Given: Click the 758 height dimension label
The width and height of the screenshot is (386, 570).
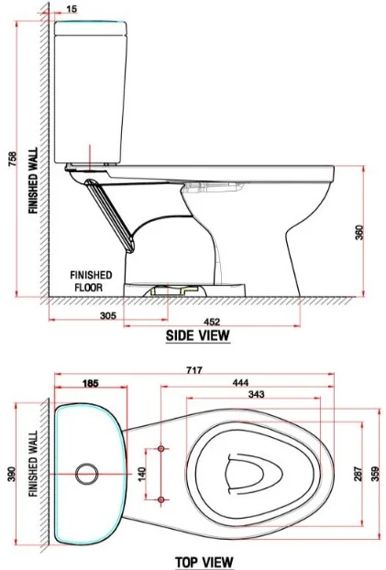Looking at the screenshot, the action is (12, 159).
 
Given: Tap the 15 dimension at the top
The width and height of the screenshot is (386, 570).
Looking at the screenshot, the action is (72, 9).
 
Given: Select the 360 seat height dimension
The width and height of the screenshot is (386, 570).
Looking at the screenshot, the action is (359, 233).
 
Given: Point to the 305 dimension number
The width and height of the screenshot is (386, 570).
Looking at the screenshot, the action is (108, 315).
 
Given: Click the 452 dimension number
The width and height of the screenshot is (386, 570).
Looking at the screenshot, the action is (212, 322).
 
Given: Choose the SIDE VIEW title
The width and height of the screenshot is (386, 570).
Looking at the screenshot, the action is (198, 335).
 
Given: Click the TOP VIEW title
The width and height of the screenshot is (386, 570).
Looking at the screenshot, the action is (204, 562).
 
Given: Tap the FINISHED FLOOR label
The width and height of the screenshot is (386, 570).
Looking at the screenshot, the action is (91, 281).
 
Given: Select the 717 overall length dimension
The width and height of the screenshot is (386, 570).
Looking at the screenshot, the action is (193, 370).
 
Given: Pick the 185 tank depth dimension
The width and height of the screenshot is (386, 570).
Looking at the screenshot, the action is (90, 383).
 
